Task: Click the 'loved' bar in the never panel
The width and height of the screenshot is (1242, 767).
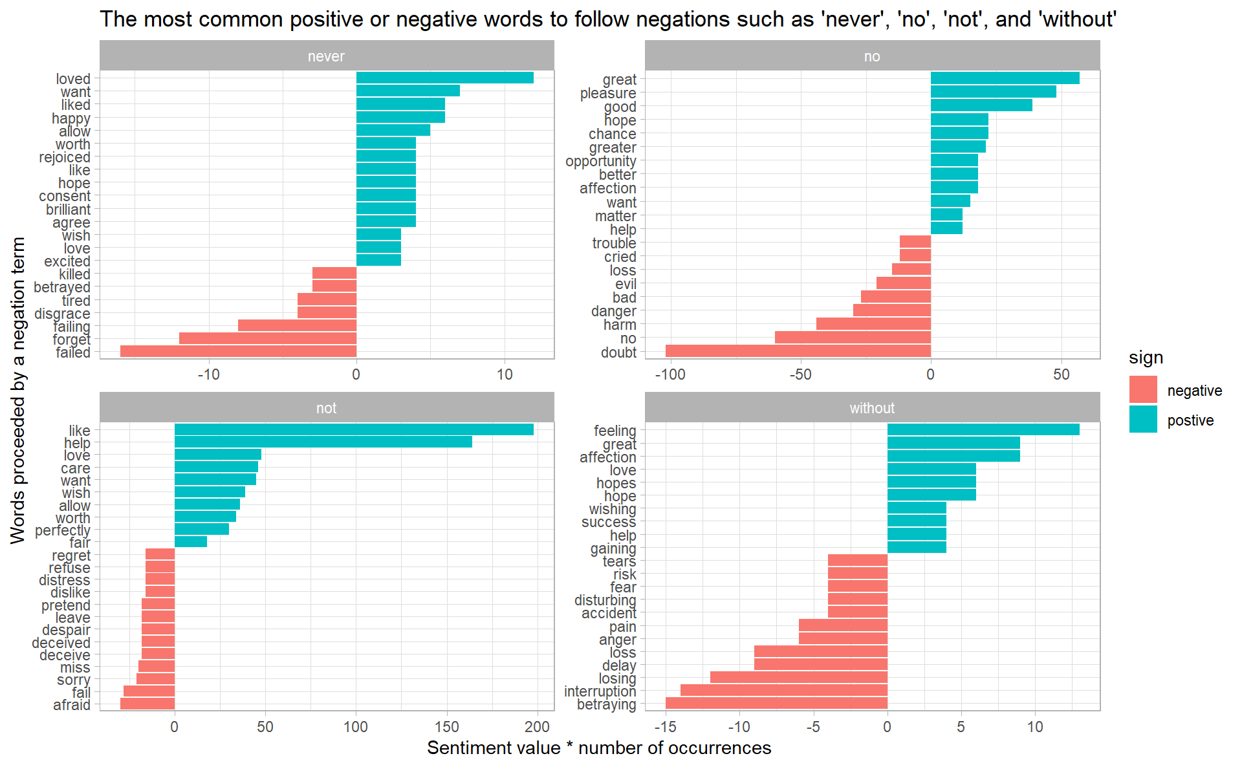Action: pyautogui.click(x=444, y=78)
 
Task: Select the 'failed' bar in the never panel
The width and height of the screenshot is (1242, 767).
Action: pyautogui.click(x=238, y=352)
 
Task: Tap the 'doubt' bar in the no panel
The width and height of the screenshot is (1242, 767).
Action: pyautogui.click(x=798, y=352)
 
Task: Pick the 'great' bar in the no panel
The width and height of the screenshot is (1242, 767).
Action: pyautogui.click(x=1005, y=79)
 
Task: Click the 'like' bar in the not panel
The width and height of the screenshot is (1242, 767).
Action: pyautogui.click(x=354, y=430)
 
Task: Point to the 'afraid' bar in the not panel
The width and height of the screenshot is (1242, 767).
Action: pyautogui.click(x=147, y=704)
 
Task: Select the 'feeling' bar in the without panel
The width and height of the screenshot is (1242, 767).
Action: pyautogui.click(x=983, y=430)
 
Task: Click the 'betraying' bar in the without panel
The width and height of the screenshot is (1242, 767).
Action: pyautogui.click(x=776, y=704)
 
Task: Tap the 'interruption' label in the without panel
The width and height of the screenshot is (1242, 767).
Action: pyautogui.click(x=600, y=691)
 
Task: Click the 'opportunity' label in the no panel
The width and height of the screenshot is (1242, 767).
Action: pyautogui.click(x=600, y=161)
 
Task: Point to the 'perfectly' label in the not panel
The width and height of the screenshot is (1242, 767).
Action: pyautogui.click(x=63, y=530)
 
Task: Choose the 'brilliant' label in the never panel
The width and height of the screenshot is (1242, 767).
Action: pyautogui.click(x=68, y=210)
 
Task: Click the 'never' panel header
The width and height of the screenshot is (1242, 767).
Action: pyautogui.click(x=327, y=56)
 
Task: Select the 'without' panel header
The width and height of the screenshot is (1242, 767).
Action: pyautogui.click(x=872, y=408)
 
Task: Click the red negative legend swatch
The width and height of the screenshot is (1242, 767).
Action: pyautogui.click(x=1143, y=390)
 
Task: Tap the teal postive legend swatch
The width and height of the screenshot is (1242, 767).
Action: pyautogui.click(x=1143, y=420)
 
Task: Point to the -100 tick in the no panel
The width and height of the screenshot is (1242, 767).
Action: pyautogui.click(x=670, y=374)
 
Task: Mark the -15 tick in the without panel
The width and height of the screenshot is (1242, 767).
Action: pyautogui.click(x=665, y=726)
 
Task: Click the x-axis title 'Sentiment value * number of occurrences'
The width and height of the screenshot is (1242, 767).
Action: pyautogui.click(x=599, y=748)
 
